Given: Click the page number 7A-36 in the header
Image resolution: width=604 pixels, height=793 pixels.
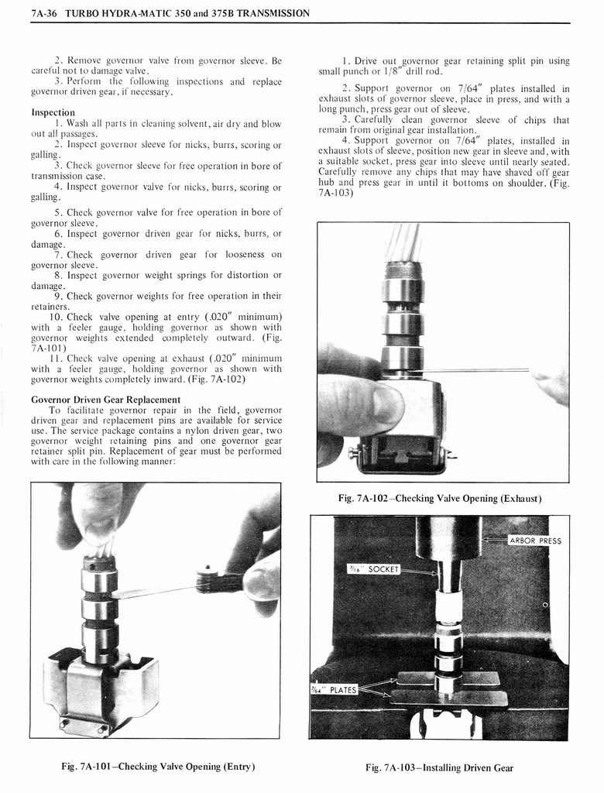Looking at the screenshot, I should (47, 13).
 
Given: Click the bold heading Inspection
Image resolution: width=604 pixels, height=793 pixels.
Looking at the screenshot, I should (53, 112).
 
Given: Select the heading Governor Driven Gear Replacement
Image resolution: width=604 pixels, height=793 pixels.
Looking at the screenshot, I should (105, 400).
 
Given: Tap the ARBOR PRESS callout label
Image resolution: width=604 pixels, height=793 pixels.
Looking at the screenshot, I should (534, 541).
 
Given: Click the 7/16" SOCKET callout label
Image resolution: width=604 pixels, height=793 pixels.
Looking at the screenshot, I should (373, 570).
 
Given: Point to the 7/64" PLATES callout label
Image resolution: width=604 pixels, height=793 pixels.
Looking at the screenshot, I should (334, 690).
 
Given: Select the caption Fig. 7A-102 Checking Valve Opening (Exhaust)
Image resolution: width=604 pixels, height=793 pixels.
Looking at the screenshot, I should (440, 498).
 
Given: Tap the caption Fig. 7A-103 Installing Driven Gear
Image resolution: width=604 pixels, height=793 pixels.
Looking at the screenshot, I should (439, 768).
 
